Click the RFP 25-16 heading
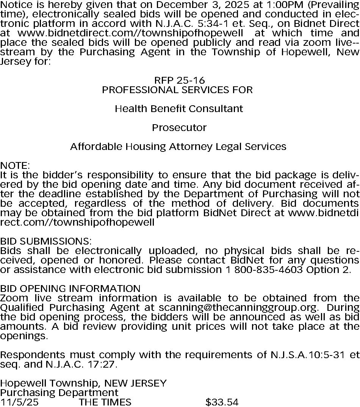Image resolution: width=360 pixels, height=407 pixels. click(x=179, y=80)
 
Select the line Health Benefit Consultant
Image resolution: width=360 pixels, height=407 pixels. click(x=178, y=109)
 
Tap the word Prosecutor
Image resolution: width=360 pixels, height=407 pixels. click(x=179, y=128)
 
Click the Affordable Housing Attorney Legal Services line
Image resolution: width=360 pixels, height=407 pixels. click(x=178, y=147)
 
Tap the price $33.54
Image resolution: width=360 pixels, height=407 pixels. click(x=222, y=402)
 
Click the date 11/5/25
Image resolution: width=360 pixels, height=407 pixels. click(x=19, y=402)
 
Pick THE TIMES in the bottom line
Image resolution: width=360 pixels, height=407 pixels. click(x=105, y=402)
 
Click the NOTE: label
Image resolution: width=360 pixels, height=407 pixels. click(x=15, y=165)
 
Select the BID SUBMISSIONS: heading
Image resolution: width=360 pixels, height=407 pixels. click(x=46, y=241)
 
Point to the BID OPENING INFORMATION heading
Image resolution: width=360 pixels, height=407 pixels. click(x=70, y=288)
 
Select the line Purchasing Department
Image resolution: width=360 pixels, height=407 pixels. click(x=59, y=393)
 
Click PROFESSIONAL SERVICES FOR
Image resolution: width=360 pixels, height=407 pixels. click(x=177, y=90)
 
